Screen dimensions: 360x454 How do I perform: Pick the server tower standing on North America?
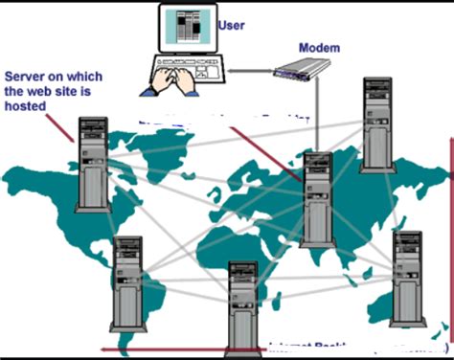(x=93, y=164)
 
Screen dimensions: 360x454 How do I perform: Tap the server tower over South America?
(x=127, y=283)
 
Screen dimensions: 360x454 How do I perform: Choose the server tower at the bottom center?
(x=242, y=306)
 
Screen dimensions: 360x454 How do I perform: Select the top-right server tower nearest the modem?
(x=377, y=124)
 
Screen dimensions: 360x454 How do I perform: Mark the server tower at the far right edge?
(x=408, y=278)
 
